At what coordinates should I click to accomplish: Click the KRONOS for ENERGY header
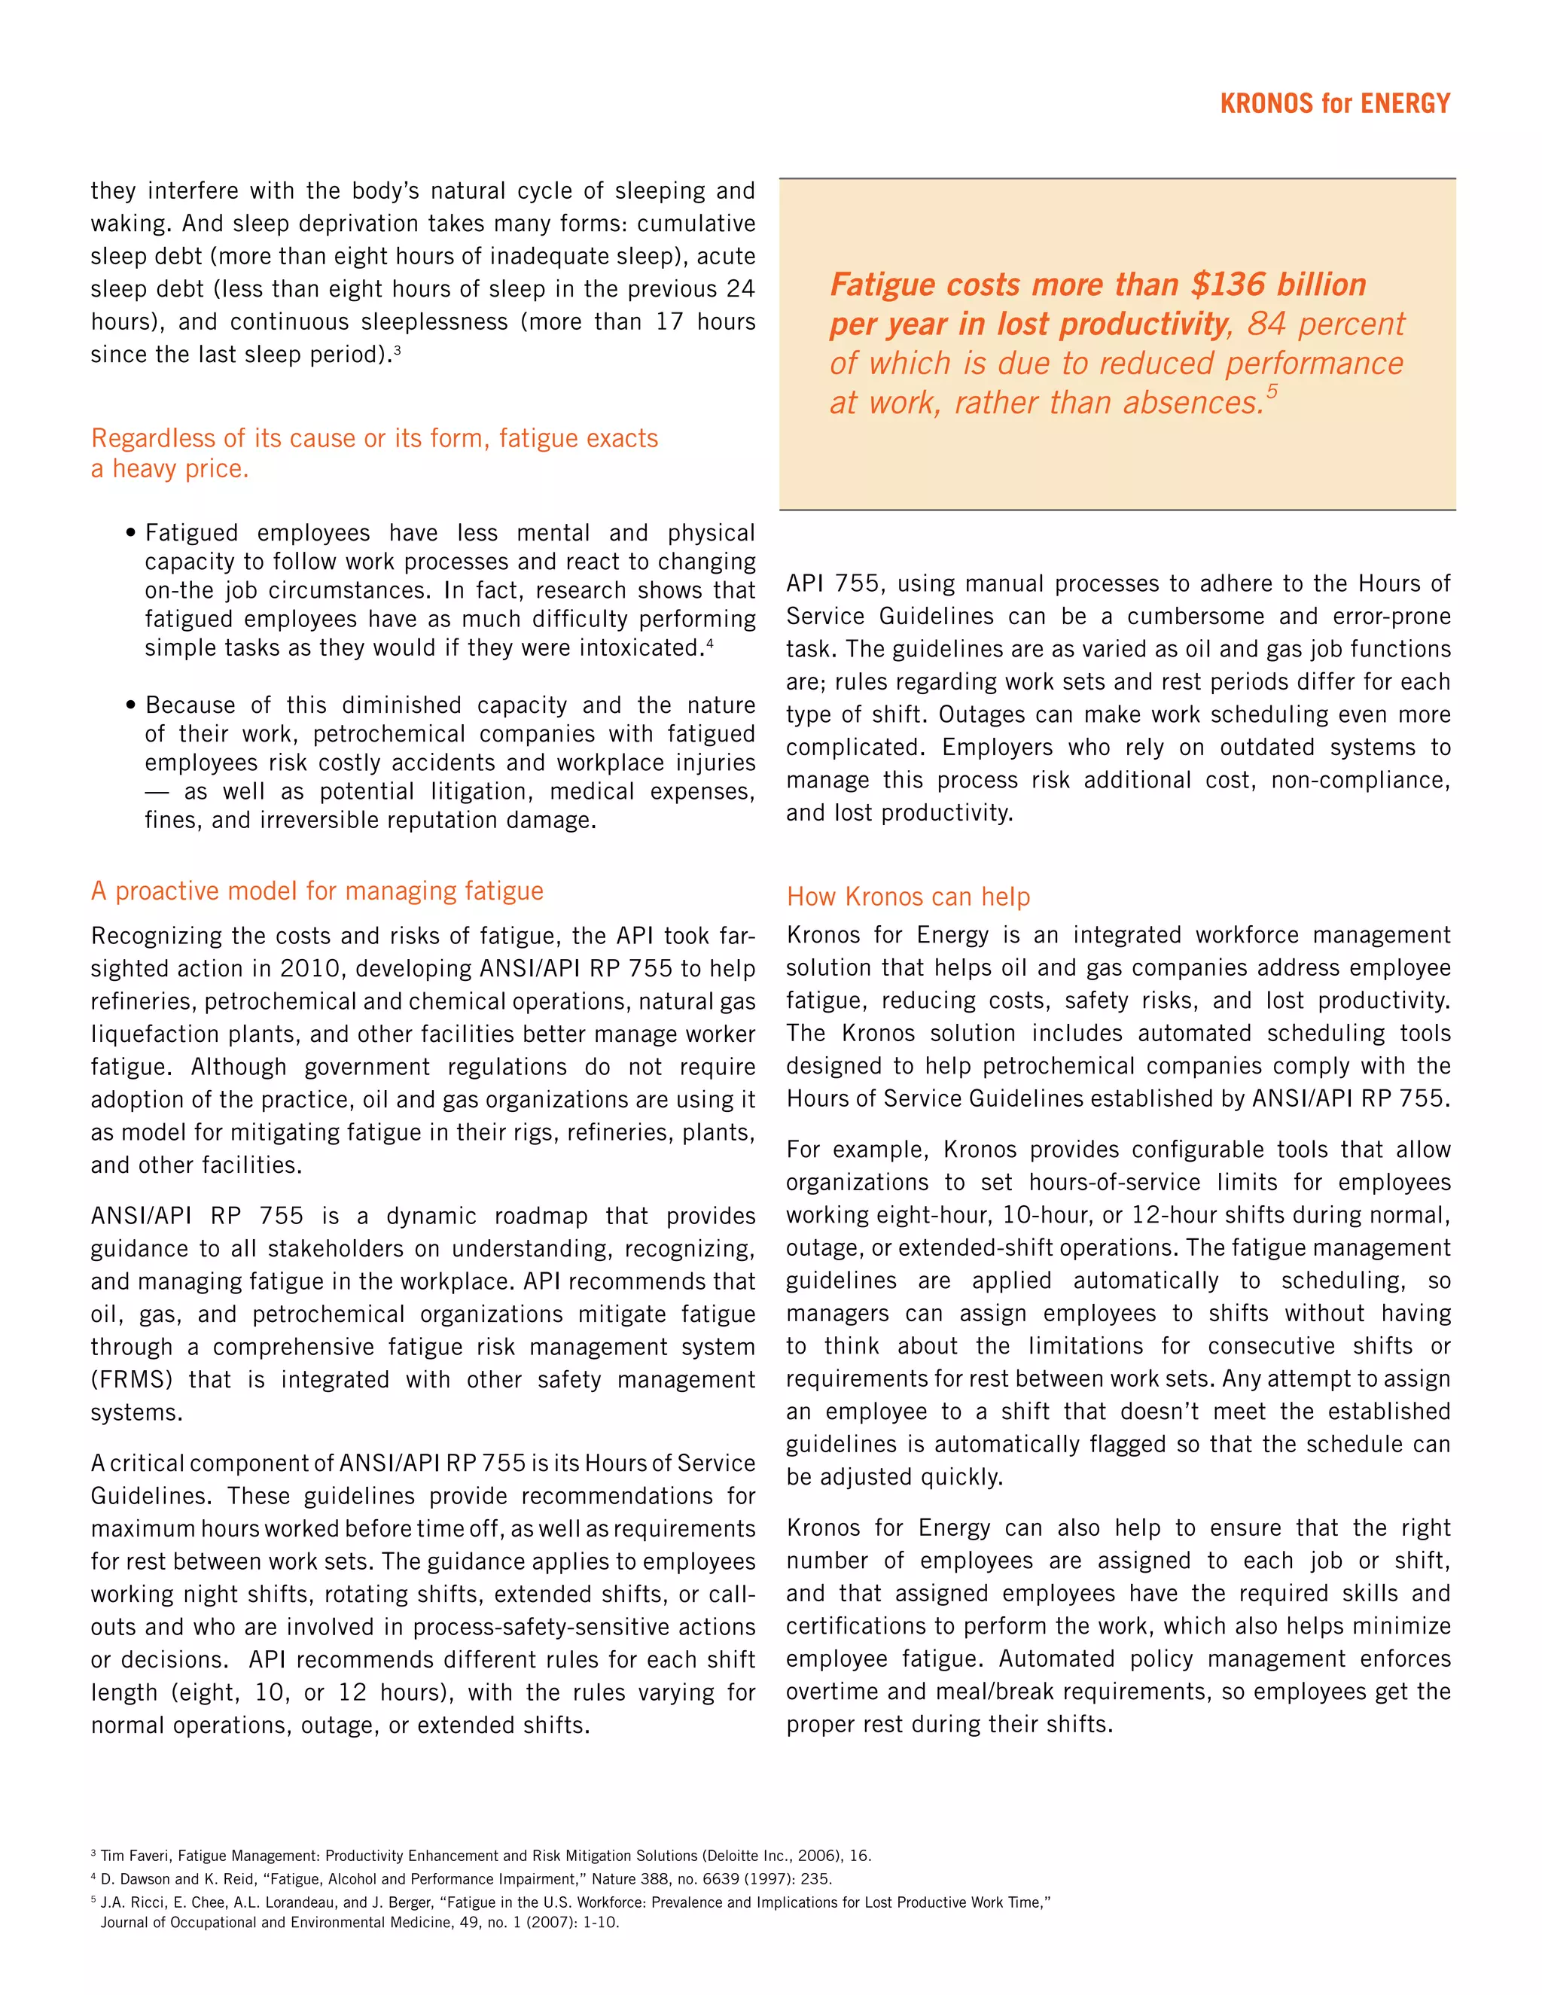[1335, 103]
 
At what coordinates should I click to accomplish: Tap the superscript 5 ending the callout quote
[1272, 393]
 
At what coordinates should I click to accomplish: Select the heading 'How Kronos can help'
[908, 897]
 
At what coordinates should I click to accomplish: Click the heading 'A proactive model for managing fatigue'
[317, 891]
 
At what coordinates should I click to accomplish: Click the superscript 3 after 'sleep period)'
[398, 349]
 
